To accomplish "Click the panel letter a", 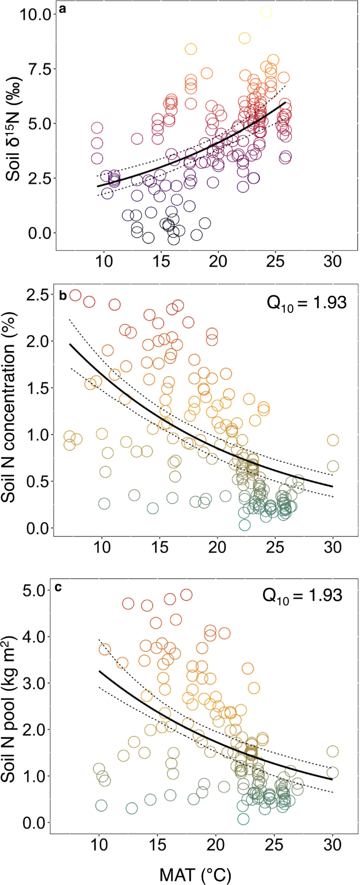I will click(62, 9).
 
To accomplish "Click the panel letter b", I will click(63, 295).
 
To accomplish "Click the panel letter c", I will click(58, 586).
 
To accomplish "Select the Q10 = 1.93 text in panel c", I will click(302, 595).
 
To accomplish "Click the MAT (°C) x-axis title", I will click(195, 871).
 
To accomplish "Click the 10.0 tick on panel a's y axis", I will click(35, 14).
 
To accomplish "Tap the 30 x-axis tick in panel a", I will click(333, 261).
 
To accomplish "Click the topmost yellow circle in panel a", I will click(266, 12).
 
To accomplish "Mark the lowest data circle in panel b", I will click(244, 524).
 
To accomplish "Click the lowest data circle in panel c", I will click(243, 819).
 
